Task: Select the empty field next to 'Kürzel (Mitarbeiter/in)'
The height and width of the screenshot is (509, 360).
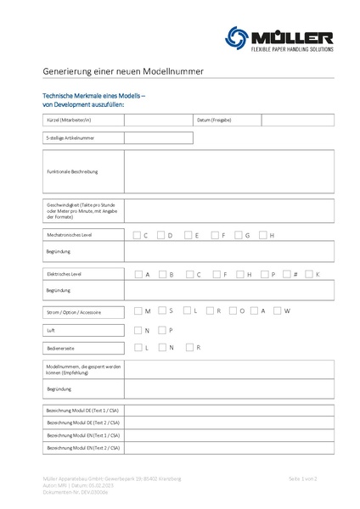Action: click(x=158, y=120)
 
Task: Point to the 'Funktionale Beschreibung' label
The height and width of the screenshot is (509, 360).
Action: click(x=72, y=171)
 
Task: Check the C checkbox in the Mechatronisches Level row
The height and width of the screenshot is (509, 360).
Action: click(x=137, y=235)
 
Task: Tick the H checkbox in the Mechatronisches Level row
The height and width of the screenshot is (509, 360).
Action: click(x=264, y=235)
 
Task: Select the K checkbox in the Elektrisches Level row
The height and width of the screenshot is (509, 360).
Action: click(x=309, y=275)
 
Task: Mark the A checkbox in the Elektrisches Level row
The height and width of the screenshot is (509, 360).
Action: click(x=138, y=275)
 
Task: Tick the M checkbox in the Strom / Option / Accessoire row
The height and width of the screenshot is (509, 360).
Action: click(x=138, y=311)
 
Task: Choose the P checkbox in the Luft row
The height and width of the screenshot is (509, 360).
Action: click(x=162, y=330)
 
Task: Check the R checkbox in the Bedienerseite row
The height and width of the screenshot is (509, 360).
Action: click(x=189, y=348)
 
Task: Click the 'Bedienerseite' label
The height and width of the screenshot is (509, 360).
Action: click(x=59, y=348)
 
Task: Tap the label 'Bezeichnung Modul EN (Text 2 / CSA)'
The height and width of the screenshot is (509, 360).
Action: click(x=82, y=447)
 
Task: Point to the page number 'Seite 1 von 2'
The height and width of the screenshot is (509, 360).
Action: click(x=302, y=479)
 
